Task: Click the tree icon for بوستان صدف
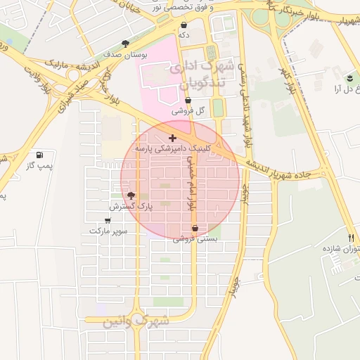click(x=125, y=44)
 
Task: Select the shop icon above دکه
click(x=184, y=25)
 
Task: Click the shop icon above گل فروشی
click(x=188, y=101)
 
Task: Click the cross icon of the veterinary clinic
click(x=172, y=139)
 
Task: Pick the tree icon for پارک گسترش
click(x=130, y=195)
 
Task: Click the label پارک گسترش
click(x=131, y=207)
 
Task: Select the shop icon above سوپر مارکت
click(x=108, y=220)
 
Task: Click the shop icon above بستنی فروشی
click(x=195, y=229)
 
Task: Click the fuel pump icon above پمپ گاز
click(x=38, y=155)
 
